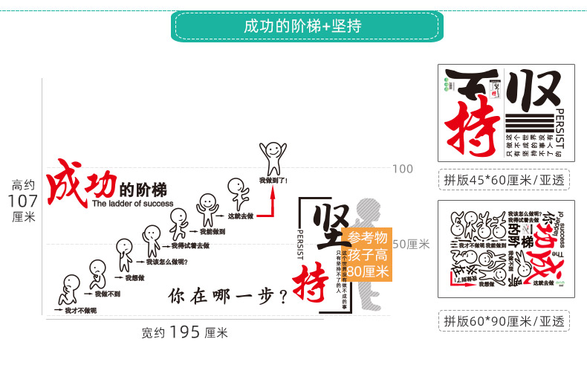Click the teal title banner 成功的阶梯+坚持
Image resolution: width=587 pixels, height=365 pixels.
(302, 26)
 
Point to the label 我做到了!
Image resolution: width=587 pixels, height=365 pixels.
(273, 180)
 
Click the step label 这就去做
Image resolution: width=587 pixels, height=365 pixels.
(241, 216)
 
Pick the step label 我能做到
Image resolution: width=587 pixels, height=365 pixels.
(213, 231)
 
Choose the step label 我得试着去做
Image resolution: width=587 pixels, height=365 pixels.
(190, 245)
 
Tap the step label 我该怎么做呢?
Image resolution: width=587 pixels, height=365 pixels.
(166, 262)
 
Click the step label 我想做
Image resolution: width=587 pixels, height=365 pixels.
(134, 278)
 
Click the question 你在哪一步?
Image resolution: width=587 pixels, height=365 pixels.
(228, 295)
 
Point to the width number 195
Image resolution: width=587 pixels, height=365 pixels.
(185, 332)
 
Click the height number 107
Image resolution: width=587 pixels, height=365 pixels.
(23, 201)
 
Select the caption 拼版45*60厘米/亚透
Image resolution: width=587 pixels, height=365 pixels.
(504, 179)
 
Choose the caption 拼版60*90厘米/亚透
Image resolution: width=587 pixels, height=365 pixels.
(504, 321)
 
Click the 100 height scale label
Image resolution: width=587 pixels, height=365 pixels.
(403, 169)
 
